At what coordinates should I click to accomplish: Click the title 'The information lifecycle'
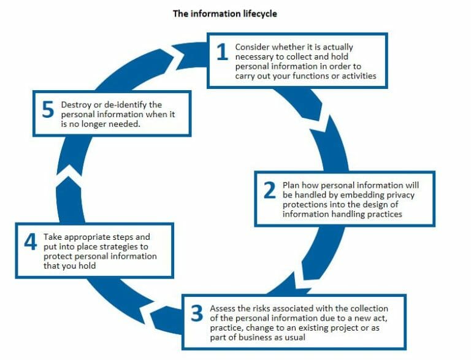click(225, 13)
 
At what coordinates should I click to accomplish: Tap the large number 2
click(269, 191)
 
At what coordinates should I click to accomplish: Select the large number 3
click(196, 313)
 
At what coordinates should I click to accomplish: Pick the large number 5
click(48, 111)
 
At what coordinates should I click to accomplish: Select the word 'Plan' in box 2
click(291, 185)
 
